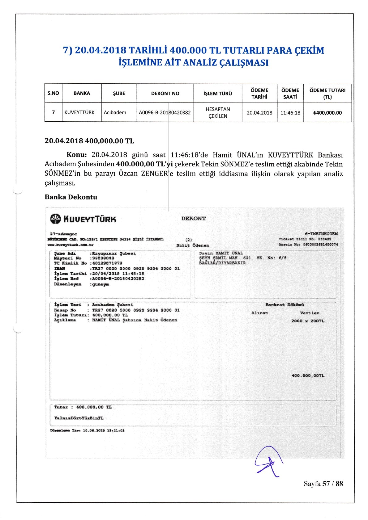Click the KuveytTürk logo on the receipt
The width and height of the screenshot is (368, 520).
(x=83, y=219)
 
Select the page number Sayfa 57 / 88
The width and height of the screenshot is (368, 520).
(x=323, y=484)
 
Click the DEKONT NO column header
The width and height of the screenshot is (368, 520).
(x=165, y=93)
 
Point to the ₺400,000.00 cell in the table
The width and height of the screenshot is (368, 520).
(x=327, y=113)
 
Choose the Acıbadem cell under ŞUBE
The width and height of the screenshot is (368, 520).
(x=115, y=112)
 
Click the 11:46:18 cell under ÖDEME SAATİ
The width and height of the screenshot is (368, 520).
(x=290, y=113)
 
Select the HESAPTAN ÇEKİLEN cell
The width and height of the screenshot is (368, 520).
(x=218, y=113)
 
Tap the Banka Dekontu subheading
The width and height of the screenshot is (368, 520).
(x=71, y=197)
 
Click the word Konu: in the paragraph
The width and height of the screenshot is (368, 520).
(x=77, y=155)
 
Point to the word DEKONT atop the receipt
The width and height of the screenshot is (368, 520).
(x=194, y=218)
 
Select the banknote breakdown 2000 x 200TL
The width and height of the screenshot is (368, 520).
(x=308, y=321)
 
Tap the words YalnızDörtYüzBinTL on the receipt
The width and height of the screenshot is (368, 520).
(x=79, y=418)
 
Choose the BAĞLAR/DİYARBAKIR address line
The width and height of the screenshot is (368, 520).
(x=222, y=263)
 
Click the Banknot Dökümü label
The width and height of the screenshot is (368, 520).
(x=285, y=305)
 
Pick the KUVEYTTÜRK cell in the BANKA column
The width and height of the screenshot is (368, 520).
(x=79, y=112)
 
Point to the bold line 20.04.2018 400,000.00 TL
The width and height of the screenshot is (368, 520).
(x=89, y=141)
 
